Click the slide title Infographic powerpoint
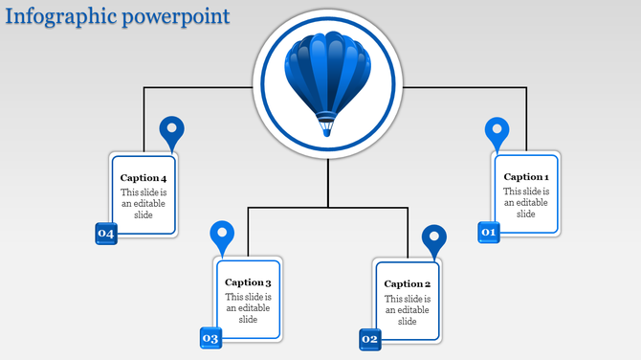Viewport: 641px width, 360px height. [x=116, y=16]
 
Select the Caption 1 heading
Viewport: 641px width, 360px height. [x=526, y=177]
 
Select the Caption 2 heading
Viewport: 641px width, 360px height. [x=408, y=284]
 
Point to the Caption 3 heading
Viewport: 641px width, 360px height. [x=249, y=282]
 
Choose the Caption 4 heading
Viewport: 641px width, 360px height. [x=144, y=178]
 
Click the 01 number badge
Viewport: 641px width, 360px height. [x=489, y=232]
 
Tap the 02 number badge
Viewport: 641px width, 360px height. [x=370, y=339]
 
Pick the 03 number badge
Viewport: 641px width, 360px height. [x=210, y=338]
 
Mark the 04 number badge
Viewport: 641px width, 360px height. [x=105, y=234]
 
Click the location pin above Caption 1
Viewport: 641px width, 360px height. [x=497, y=132]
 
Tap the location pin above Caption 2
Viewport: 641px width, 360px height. [x=433, y=240]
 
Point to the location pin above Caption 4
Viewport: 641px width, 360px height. [x=171, y=132]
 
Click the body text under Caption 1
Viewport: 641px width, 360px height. [x=526, y=203]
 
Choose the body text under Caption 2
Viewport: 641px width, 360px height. [x=408, y=309]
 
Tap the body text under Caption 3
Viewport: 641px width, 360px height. [x=249, y=308]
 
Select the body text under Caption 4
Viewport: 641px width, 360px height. [x=144, y=203]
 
